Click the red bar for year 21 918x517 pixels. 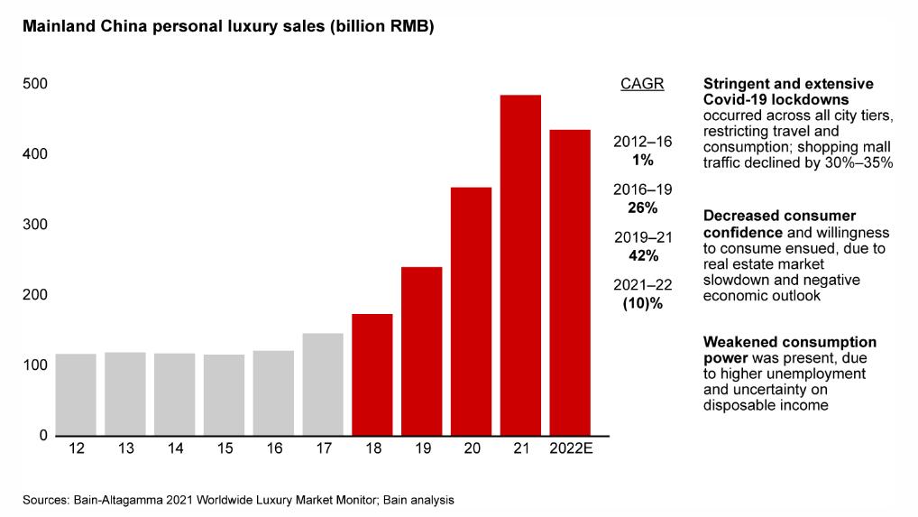520,265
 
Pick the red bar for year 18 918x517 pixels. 372,374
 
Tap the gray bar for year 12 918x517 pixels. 76,394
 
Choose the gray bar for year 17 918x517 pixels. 323,384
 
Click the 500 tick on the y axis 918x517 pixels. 35,84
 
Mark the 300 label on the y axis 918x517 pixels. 35,225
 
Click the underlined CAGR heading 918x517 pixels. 642,85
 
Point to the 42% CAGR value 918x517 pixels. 642,255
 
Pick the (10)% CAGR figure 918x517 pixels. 642,303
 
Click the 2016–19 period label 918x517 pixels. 642,189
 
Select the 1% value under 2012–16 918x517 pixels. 642,160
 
